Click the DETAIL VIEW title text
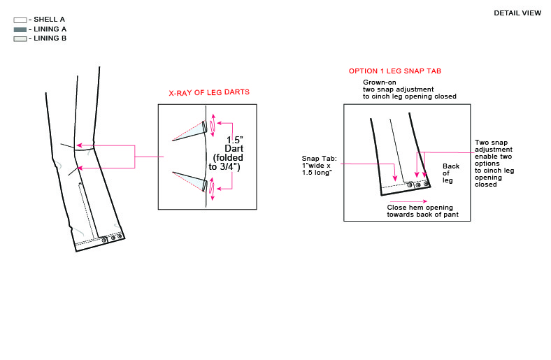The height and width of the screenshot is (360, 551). pos(517,13)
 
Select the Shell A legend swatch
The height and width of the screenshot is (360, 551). pos(20,20)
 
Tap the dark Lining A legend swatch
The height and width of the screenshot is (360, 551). pos(20,29)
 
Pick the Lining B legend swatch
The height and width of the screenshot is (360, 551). pos(20,38)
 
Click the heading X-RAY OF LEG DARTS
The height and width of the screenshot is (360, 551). pos(209,92)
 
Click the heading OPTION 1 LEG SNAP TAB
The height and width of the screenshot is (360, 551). pos(394,71)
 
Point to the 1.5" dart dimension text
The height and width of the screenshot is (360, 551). pos(234,140)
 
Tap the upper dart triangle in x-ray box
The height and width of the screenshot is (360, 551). pos(189,131)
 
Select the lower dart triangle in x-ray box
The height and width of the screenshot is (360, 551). pos(189,181)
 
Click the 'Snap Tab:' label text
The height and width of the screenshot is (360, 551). pos(319,159)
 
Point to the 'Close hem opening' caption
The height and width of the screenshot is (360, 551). pos(420,207)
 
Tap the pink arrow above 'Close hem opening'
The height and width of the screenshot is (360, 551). pos(408,201)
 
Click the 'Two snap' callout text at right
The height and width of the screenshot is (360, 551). pos(492,142)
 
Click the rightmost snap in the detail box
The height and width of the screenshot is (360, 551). pos(426,184)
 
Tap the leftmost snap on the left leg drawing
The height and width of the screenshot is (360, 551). pos(104,240)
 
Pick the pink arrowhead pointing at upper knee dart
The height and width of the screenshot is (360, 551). pos(80,145)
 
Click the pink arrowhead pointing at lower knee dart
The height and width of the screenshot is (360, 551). pos(80,168)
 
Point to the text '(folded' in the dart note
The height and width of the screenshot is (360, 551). pos(228,158)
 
